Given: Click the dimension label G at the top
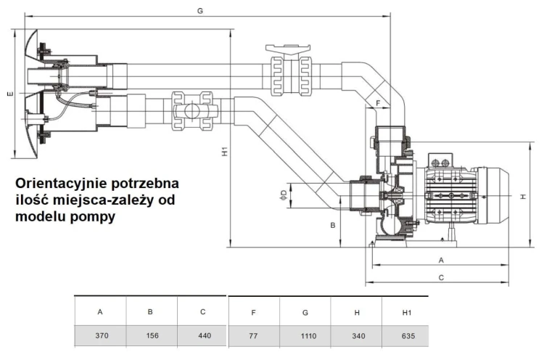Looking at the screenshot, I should coord(199,9).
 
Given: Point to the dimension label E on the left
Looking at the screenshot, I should coord(7,95).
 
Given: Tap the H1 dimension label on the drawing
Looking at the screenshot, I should coord(225,152).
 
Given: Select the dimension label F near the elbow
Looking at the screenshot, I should coord(377,103).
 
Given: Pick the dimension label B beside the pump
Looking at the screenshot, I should coord(333,226).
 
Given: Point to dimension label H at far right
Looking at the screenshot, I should coord(522,196).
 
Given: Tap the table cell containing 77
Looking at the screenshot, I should coord(253,336).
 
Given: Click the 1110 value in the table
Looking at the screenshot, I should coord(305,336).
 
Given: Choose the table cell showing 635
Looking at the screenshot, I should coord(406,336).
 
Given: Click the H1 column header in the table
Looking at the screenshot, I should coord(406,312).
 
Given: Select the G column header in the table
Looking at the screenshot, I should coord(305,312).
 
